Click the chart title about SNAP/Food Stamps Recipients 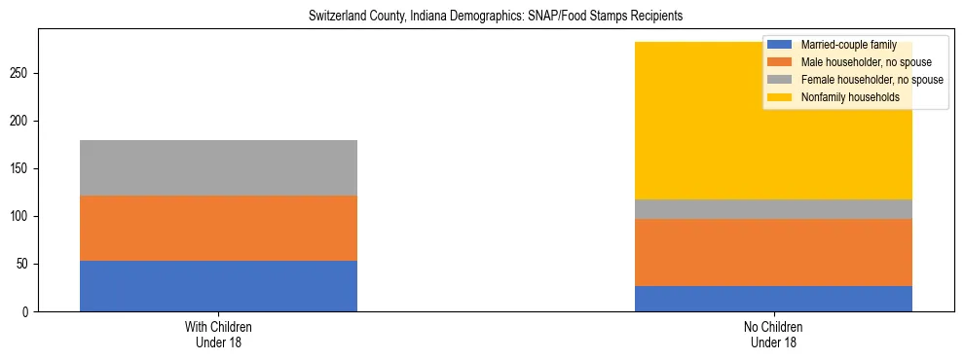click(496, 17)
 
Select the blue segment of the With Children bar click(218, 286)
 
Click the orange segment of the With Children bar click(218, 228)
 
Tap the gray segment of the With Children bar click(218, 167)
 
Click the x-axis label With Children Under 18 click(218, 335)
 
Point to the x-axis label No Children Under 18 click(773, 335)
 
